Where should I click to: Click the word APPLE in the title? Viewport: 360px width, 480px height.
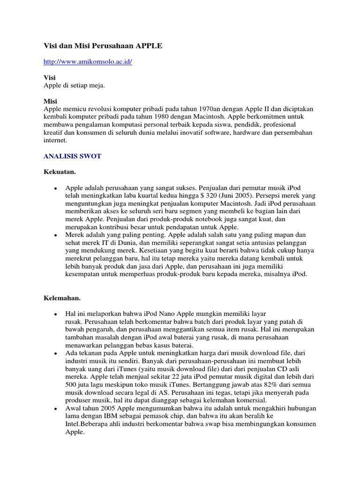[x=149, y=45]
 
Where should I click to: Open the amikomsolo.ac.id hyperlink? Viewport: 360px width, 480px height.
[x=88, y=62]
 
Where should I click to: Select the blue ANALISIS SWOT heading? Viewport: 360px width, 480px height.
[x=72, y=157]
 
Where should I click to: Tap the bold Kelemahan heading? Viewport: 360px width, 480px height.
[x=62, y=298]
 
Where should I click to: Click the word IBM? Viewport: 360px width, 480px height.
[x=112, y=416]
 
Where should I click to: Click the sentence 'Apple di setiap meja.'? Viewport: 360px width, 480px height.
[x=74, y=85]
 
